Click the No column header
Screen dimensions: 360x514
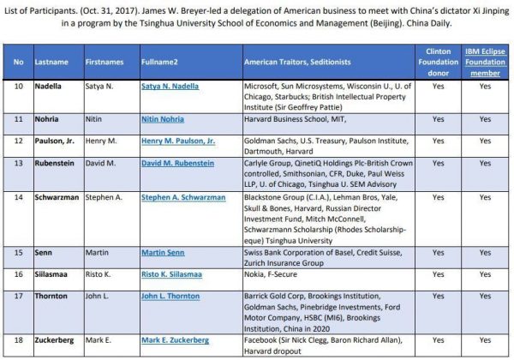click(x=17, y=63)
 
